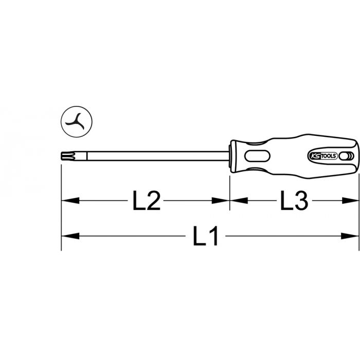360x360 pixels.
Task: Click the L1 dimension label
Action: [x=205, y=236]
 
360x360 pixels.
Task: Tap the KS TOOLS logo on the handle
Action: [x=322, y=156]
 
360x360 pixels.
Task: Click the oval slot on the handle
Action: [x=257, y=156]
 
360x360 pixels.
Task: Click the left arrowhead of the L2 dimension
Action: [x=70, y=201]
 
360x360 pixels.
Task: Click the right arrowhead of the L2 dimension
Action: [x=221, y=201]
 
